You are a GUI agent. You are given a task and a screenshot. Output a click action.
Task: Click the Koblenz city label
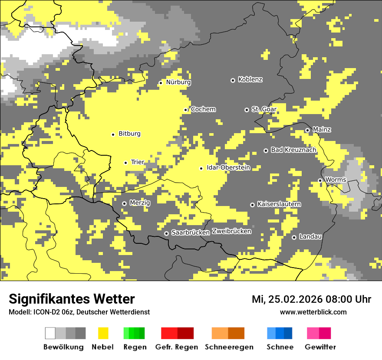point(250,79)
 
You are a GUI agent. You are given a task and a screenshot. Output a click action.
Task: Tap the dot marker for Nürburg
point(161,82)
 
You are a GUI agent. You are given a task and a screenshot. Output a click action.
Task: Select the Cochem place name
point(203,109)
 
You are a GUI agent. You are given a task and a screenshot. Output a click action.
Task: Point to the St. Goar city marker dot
point(247,110)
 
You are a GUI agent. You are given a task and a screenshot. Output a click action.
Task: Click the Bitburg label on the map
point(129,134)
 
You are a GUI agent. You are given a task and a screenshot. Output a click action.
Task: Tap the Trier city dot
point(125,163)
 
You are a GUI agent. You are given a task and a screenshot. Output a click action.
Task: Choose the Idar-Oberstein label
point(228,167)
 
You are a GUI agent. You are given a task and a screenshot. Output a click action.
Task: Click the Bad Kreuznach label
point(293,150)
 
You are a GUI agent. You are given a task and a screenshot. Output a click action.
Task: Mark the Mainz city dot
point(307,130)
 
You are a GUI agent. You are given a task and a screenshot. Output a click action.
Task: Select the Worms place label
point(336,180)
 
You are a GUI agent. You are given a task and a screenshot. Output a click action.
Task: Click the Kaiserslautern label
point(279,204)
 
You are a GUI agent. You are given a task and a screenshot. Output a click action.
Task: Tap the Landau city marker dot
point(294,237)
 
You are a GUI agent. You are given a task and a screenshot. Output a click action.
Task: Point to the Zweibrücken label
point(231,231)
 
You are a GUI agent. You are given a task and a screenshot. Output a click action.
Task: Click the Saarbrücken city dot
point(166,233)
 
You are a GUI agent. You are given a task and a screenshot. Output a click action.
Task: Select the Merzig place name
point(140,203)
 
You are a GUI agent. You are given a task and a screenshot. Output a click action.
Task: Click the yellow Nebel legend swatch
point(103,333)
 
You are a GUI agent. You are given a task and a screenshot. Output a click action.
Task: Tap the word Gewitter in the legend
point(320,347)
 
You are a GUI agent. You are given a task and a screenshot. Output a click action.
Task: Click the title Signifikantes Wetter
point(72,299)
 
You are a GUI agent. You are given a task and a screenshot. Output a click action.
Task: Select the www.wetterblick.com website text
point(313,312)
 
